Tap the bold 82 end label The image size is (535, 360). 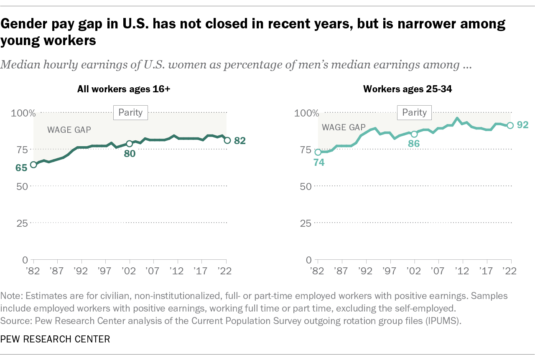(239, 141)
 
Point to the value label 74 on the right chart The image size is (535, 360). (319, 163)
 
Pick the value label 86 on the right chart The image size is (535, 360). (413, 144)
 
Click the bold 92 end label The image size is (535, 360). (523, 124)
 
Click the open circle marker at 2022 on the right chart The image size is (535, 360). (510, 125)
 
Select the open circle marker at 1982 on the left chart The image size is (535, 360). (33, 165)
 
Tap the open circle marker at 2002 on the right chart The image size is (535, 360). (414, 134)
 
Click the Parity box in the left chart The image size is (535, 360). (130, 112)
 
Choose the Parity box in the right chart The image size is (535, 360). (415, 112)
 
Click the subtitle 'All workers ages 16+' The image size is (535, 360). (124, 89)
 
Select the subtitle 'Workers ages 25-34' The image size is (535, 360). (408, 89)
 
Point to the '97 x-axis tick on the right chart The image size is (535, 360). (390, 271)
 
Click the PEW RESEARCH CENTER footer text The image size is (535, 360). (55, 339)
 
